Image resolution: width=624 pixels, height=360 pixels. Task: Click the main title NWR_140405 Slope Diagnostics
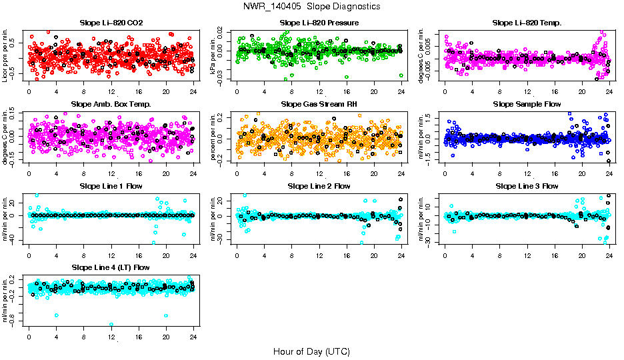tap(312, 6)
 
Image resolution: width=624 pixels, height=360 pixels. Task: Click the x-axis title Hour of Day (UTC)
tap(311, 351)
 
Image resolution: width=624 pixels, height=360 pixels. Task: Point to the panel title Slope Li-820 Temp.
tap(527, 23)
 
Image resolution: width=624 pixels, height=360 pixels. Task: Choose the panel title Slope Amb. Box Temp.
tap(111, 105)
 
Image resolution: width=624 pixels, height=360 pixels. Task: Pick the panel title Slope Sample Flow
tap(527, 105)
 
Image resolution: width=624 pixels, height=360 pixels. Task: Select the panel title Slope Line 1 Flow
tap(111, 186)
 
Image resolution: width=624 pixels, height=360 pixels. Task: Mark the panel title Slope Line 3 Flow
tap(527, 186)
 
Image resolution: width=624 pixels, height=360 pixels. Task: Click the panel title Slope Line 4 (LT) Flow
tap(111, 267)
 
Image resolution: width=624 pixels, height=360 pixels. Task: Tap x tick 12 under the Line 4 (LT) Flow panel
tap(111, 337)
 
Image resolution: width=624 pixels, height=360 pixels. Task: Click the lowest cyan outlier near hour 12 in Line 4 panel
tap(111, 325)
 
